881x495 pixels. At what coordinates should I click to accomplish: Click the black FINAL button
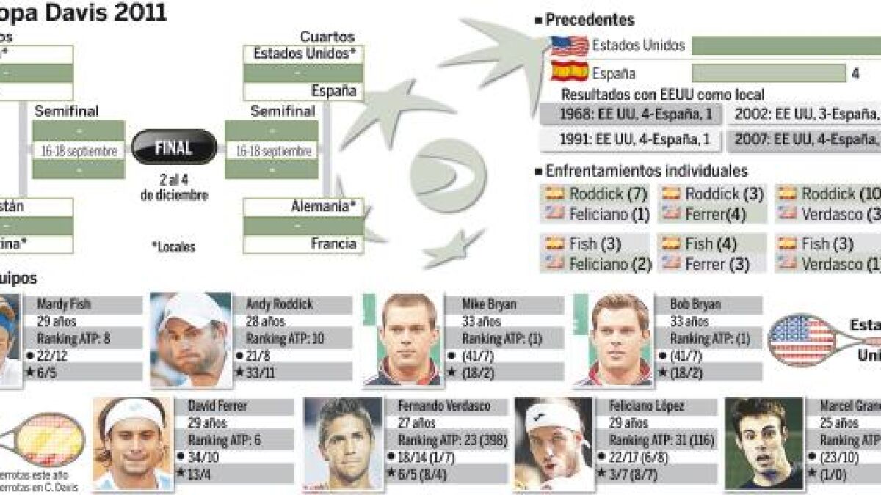pos(173,147)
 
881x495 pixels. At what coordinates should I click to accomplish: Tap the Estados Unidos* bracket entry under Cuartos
pos(304,54)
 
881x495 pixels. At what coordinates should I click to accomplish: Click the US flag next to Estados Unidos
pos(570,46)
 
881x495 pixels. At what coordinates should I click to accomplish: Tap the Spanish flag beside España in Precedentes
pos(570,73)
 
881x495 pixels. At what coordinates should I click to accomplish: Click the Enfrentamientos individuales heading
pos(646,171)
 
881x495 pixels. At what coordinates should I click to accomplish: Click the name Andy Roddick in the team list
pos(278,304)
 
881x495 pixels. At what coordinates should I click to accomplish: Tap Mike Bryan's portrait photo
pos(402,340)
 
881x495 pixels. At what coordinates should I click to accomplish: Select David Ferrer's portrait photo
pos(133,444)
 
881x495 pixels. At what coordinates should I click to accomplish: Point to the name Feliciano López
pos(646,406)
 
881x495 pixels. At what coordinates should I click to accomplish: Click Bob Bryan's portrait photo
pos(612,340)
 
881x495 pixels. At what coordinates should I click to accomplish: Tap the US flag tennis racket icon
pos(802,340)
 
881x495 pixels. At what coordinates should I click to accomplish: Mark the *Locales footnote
pos(173,246)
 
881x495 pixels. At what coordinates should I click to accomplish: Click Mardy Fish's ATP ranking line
pos(73,338)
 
